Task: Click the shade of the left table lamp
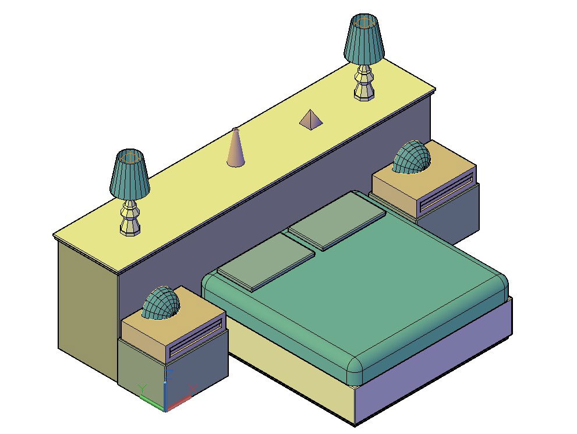pos(129,174)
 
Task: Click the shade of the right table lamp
pos(364,40)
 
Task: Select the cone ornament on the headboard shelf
pos(235,149)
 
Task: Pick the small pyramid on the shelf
pos(311,120)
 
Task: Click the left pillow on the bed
pos(265,260)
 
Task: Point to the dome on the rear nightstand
pos(412,158)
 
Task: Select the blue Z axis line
pos(166,384)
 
